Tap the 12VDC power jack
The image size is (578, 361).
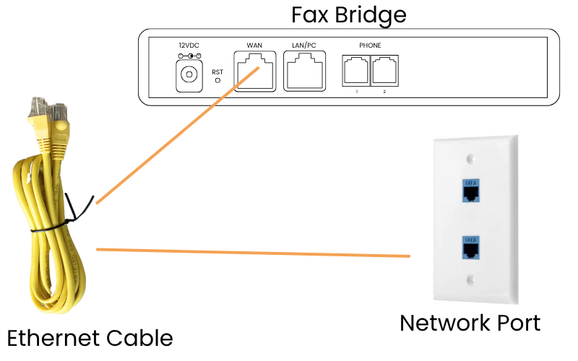point(189,75)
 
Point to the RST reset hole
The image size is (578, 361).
point(217,79)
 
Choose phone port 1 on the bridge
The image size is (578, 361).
point(355,72)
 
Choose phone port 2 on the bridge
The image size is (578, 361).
point(384,72)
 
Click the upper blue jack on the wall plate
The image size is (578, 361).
point(470,189)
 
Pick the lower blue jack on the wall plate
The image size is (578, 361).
point(470,248)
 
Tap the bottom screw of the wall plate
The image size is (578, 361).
point(470,279)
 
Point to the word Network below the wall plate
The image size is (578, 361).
point(442,322)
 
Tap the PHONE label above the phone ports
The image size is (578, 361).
point(369,45)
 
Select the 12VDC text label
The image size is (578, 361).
point(189,45)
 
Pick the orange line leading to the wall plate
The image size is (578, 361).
point(253,253)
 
